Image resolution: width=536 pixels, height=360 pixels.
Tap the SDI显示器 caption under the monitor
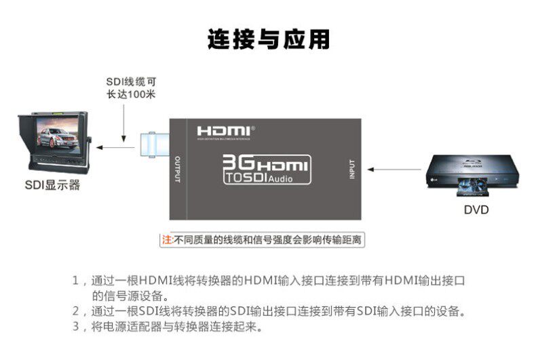click(x=52, y=184)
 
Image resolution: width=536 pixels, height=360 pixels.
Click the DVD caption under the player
click(x=476, y=209)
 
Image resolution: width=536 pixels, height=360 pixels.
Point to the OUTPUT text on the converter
click(x=178, y=168)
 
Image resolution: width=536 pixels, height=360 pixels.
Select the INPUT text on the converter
click(x=351, y=168)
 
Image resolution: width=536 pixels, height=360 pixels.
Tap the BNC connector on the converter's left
click(x=153, y=144)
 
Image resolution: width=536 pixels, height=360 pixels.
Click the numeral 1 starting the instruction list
click(x=76, y=281)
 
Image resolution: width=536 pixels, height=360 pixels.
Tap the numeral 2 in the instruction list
click(x=76, y=312)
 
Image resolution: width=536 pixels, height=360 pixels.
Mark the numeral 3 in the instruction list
click(x=76, y=327)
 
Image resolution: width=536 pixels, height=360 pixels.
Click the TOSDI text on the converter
click(x=245, y=178)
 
